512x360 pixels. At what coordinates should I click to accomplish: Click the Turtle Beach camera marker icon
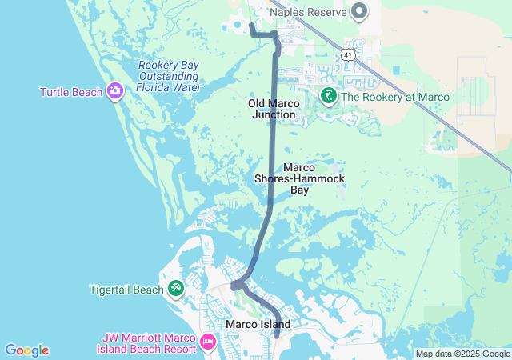tap(115, 91)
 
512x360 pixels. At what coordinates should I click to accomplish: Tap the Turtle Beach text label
tap(71, 92)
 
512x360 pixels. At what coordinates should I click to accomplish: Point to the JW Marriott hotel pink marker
tap(208, 342)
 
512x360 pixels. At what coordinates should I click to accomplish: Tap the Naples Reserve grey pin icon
tap(359, 11)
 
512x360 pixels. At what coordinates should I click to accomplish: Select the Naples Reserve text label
tap(308, 12)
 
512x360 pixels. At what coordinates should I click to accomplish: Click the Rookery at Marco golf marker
tap(329, 97)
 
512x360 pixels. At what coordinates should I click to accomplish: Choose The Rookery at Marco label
tap(395, 98)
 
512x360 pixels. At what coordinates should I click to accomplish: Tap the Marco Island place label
tap(258, 324)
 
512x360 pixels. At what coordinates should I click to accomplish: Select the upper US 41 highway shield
tap(346, 54)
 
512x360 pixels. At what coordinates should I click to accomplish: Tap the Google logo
tap(26, 350)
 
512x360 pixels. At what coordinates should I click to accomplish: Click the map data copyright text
tap(462, 354)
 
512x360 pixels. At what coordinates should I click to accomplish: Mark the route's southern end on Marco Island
tap(276, 336)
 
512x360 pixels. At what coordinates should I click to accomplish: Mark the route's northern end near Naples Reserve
tap(251, 25)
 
